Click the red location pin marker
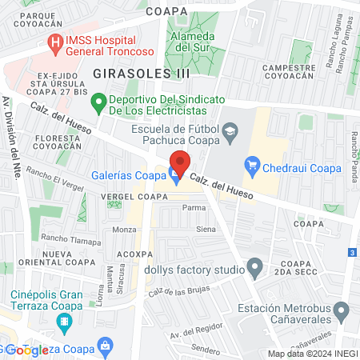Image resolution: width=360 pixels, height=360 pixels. point(180,163)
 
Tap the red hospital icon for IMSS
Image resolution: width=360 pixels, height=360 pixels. point(55,44)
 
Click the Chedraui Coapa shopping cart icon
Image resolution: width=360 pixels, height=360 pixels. point(253,166)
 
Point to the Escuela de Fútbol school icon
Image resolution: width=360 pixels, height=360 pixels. point(230,130)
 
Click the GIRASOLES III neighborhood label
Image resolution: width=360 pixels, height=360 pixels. point(142,73)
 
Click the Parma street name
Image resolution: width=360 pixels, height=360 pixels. point(194,207)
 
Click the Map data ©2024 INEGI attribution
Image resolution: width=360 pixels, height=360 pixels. point(312,354)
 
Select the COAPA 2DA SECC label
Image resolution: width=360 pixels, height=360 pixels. point(297,270)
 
